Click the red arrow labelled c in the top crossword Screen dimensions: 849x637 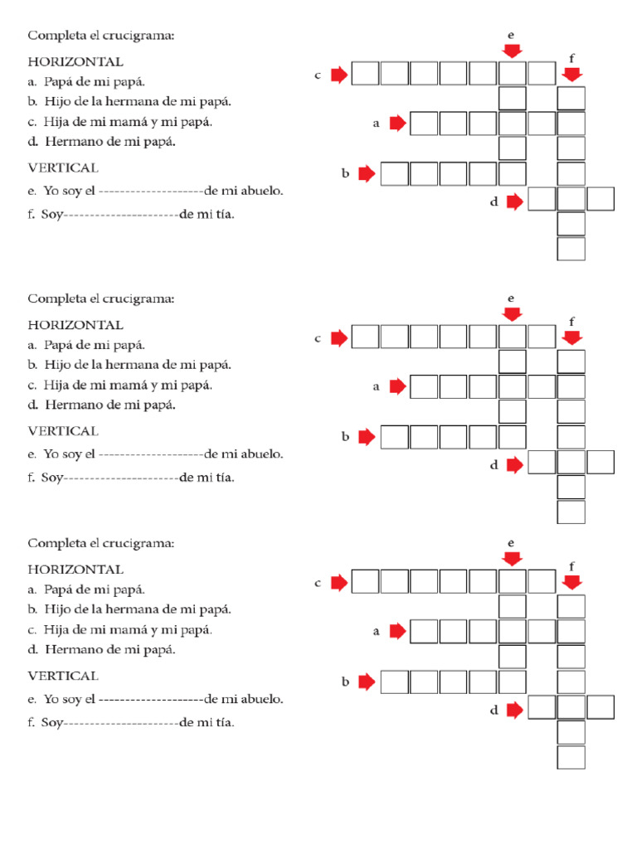pos(338,75)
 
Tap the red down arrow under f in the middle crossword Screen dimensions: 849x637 pos(571,337)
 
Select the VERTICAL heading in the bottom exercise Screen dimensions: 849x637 pos(63,676)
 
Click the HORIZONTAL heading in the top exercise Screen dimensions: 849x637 pos(75,61)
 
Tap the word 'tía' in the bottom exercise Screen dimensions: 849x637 pos(221,723)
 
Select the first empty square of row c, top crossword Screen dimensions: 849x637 pos(366,74)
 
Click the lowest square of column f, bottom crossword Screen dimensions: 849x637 pos(571,757)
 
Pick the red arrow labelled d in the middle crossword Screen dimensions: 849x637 pos(515,465)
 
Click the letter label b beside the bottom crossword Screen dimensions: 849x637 pos(344,682)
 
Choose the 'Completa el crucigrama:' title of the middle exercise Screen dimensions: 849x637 pos(101,298)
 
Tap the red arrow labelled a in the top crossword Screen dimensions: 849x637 pos(397,124)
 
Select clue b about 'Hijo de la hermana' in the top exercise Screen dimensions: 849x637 pos(129,101)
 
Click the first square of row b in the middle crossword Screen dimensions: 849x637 pos(395,437)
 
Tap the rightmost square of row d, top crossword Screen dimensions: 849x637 pos(601,199)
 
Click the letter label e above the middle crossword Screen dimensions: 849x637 pos(511,298)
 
